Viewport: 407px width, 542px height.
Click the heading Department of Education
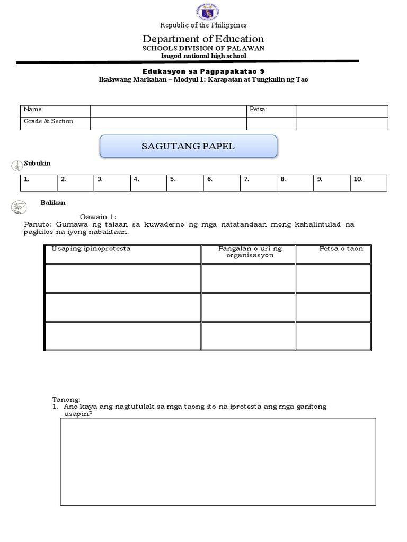point(203,39)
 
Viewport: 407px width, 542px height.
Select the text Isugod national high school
point(203,56)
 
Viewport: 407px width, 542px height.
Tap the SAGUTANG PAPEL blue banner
point(188,146)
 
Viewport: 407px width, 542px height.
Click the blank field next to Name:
point(168,111)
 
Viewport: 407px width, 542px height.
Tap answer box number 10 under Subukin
point(368,183)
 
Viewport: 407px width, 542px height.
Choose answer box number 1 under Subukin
point(39,183)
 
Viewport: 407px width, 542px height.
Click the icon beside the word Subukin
point(16,165)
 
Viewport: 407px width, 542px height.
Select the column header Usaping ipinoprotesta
point(91,249)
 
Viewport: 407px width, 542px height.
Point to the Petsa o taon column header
point(341,249)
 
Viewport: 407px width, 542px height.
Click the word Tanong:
point(66,399)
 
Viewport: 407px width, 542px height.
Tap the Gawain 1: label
point(98,217)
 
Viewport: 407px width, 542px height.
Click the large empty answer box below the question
point(218,461)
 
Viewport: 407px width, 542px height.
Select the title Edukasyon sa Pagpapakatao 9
point(203,71)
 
